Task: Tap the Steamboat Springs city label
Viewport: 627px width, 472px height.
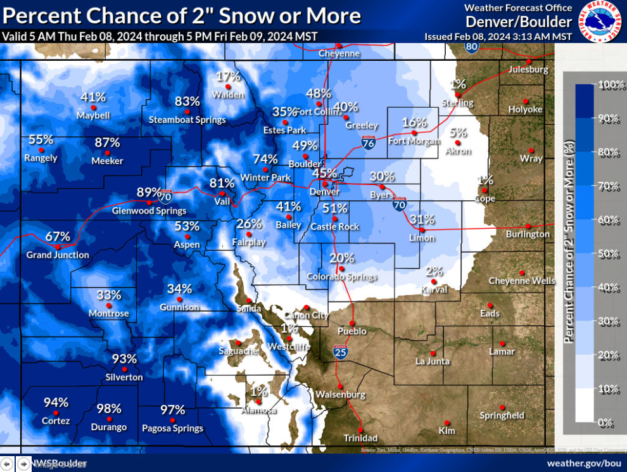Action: pyautogui.click(x=187, y=120)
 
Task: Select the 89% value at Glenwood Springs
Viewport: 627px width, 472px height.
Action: pyautogui.click(x=149, y=193)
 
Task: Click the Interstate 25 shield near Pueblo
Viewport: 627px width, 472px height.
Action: pyautogui.click(x=340, y=352)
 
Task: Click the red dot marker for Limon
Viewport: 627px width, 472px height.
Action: pyautogui.click(x=421, y=229)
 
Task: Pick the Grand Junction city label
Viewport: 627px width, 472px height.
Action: pyautogui.click(x=58, y=255)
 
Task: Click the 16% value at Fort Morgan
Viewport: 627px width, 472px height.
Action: pyautogui.click(x=414, y=122)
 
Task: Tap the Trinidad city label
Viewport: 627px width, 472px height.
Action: pyautogui.click(x=360, y=438)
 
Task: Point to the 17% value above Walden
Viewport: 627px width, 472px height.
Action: pyautogui.click(x=229, y=77)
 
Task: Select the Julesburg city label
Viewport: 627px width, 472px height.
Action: pyautogui.click(x=528, y=69)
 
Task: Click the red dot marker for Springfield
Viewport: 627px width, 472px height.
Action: pyautogui.click(x=502, y=407)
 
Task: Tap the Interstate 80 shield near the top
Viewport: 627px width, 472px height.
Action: pyautogui.click(x=471, y=46)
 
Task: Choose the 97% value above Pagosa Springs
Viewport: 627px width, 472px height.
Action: pyautogui.click(x=172, y=410)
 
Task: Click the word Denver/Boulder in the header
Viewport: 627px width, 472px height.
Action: pyautogui.click(x=518, y=22)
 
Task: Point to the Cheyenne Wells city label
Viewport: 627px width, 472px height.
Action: pyautogui.click(x=521, y=281)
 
